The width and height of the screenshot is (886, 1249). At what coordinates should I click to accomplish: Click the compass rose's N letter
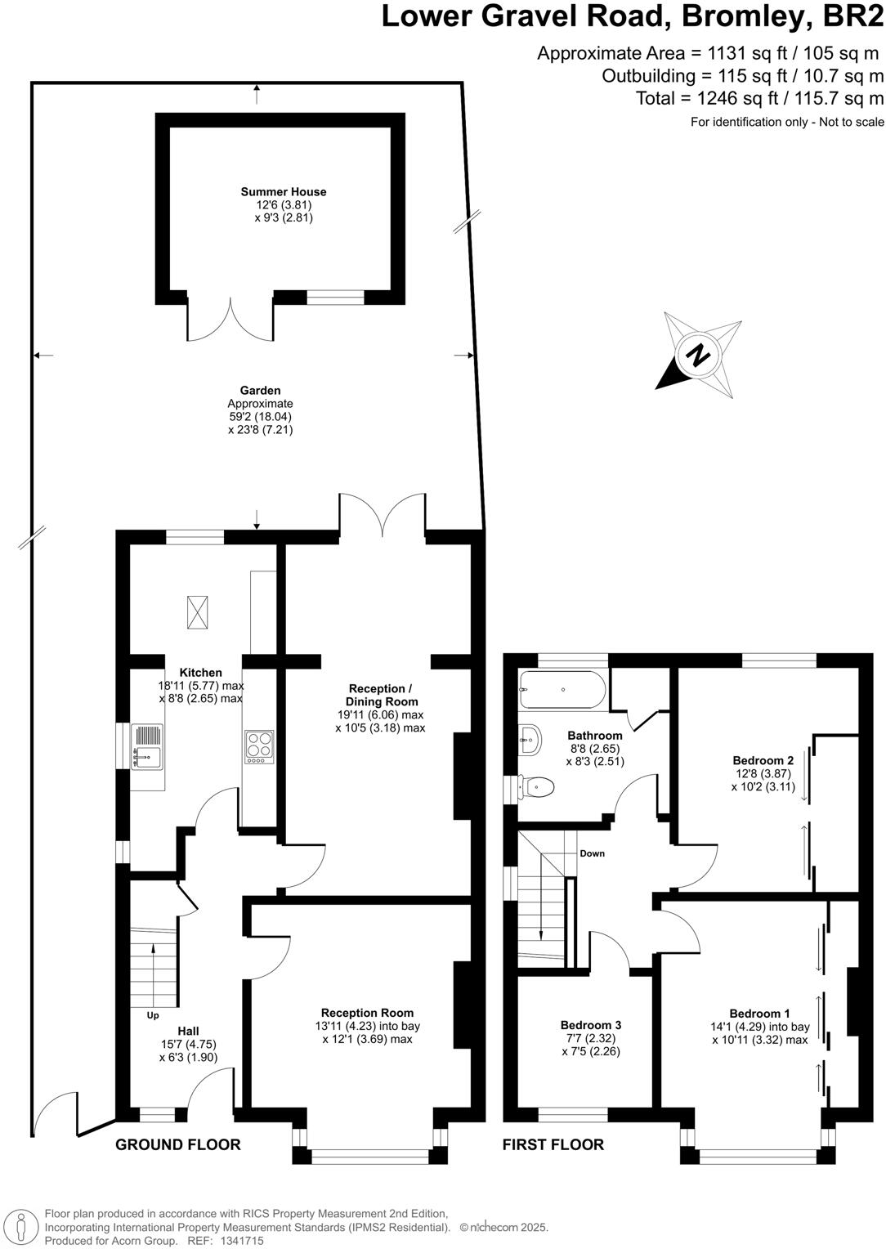[x=697, y=356]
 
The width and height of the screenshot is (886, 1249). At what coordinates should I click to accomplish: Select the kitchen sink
[x=148, y=747]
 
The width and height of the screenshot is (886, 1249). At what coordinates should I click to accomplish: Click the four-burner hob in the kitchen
[x=260, y=747]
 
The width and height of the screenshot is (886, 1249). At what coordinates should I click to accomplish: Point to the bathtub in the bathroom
[x=562, y=690]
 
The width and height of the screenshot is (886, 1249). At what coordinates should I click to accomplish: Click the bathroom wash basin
[x=529, y=740]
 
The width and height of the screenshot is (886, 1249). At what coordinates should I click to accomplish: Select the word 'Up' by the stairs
[x=153, y=1016]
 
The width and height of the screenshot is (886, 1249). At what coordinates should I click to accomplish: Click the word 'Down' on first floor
[x=592, y=853]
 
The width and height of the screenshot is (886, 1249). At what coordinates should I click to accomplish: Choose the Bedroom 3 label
[x=591, y=1025]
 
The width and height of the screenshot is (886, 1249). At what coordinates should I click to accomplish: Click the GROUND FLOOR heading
[x=178, y=1144]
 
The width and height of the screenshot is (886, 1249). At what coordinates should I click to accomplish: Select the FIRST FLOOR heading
[x=553, y=1144]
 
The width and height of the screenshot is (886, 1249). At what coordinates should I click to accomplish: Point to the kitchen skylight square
[x=198, y=612]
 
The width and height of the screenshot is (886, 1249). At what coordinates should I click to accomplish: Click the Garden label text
[x=260, y=391]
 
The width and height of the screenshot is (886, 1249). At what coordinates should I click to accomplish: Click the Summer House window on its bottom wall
[x=335, y=298]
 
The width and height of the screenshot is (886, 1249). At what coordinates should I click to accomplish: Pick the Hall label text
[x=188, y=1031]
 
